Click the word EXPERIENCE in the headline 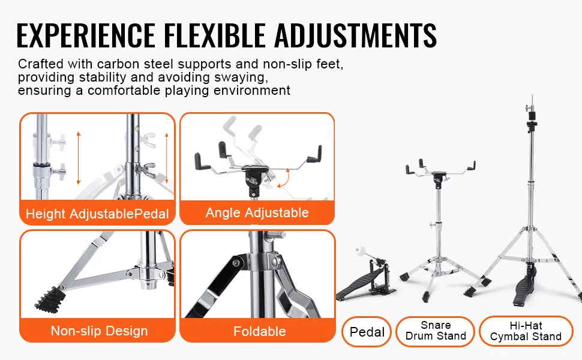coord(86,35)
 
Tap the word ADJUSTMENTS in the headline coord(356,35)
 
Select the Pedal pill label coord(367,332)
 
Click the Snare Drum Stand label coord(436,331)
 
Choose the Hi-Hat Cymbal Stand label coord(526,331)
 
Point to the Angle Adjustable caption coord(257,212)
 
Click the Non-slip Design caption coord(99,331)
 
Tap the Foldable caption coord(259,331)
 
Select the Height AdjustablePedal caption coord(97,214)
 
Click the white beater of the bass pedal coord(361,251)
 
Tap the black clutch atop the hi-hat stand coord(532,125)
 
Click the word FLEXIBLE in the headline coord(215,35)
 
